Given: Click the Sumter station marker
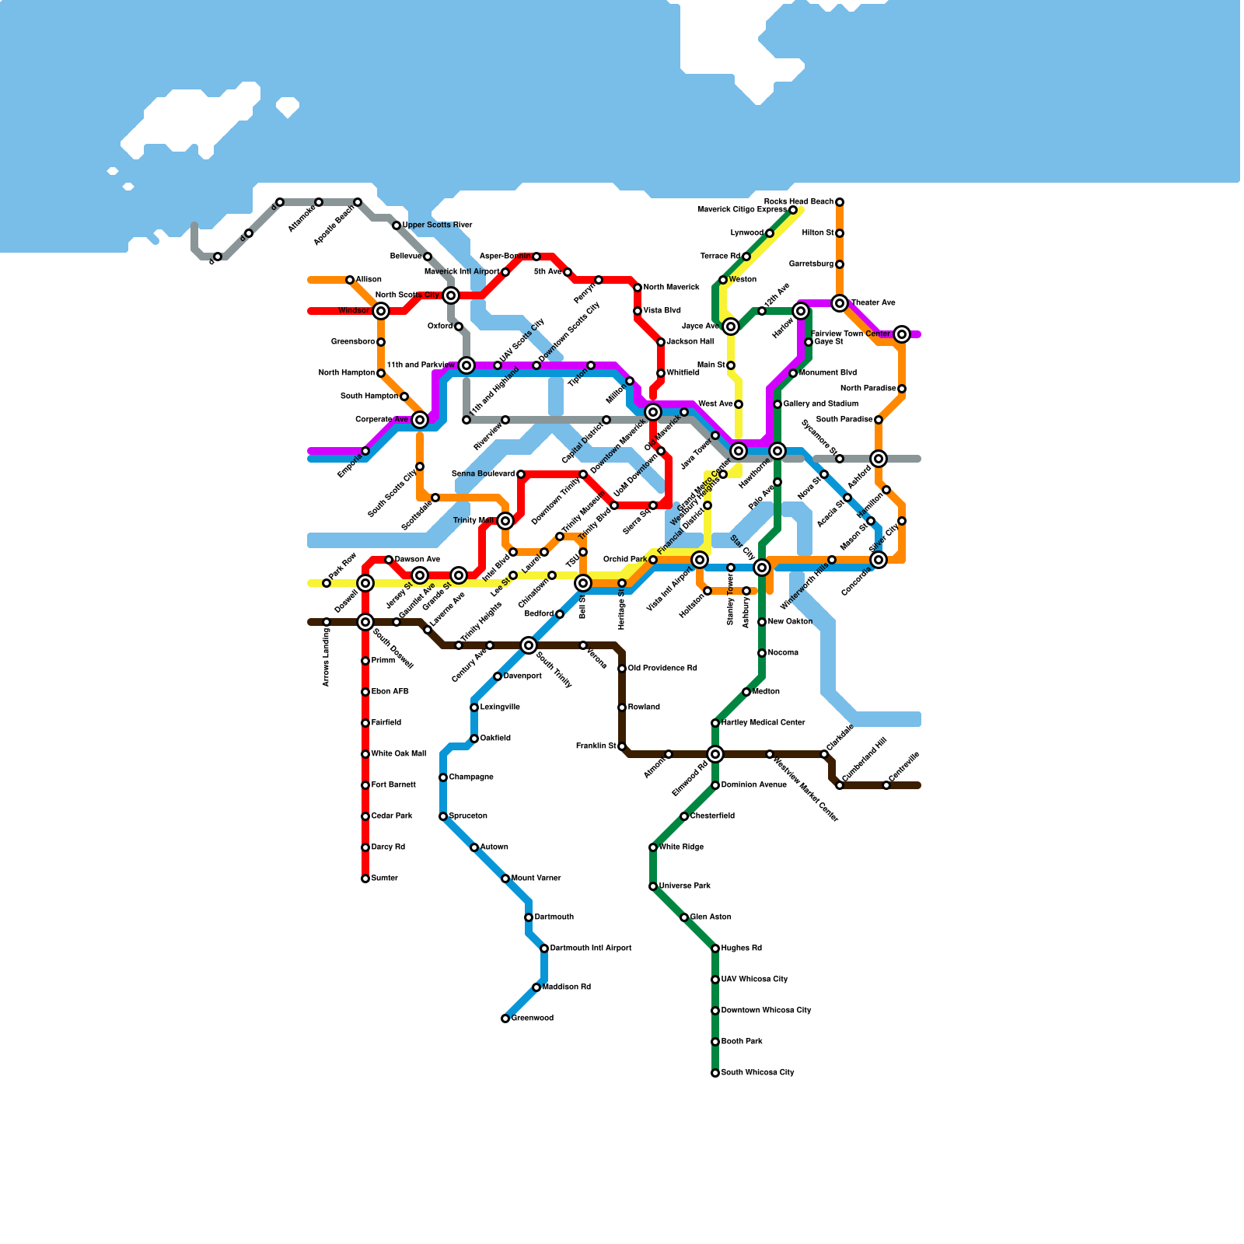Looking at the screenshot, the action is pos(365,879).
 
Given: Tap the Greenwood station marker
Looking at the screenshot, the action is pos(505,1019).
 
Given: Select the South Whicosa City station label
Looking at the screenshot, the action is pos(757,1073).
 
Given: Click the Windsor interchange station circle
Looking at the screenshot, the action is pos(381,311).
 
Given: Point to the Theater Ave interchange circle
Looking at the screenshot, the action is pos(840,303).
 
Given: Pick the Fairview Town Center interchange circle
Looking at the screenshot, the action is pos(902,334).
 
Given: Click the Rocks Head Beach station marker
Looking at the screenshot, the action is pos(840,202).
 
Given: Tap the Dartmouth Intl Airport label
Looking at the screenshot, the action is pos(591,949).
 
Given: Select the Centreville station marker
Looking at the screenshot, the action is pos(886,785).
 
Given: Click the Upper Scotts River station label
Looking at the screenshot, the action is pos(437,225).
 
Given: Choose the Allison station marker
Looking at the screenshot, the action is pos(350,280).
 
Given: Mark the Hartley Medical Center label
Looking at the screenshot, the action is pos(763,723).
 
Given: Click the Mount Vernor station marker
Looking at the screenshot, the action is pos(505,879).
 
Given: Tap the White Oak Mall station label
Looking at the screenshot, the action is pos(398,754).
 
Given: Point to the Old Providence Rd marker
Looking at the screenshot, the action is pos(622,669).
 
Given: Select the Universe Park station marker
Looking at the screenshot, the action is pos(653,886).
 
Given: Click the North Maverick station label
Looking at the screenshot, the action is pos(671,288).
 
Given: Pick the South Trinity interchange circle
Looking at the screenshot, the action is pos(529,645).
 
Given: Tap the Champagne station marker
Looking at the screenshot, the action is pos(443,777).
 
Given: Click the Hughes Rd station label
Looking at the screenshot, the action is pos(741,949).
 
